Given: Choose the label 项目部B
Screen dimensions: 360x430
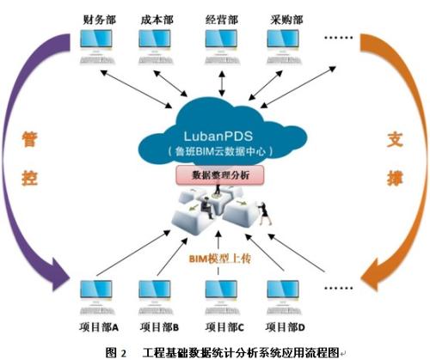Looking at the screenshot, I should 158,326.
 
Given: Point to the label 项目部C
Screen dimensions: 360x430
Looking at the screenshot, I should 224,326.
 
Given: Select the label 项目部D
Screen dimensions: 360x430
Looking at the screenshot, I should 286,326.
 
